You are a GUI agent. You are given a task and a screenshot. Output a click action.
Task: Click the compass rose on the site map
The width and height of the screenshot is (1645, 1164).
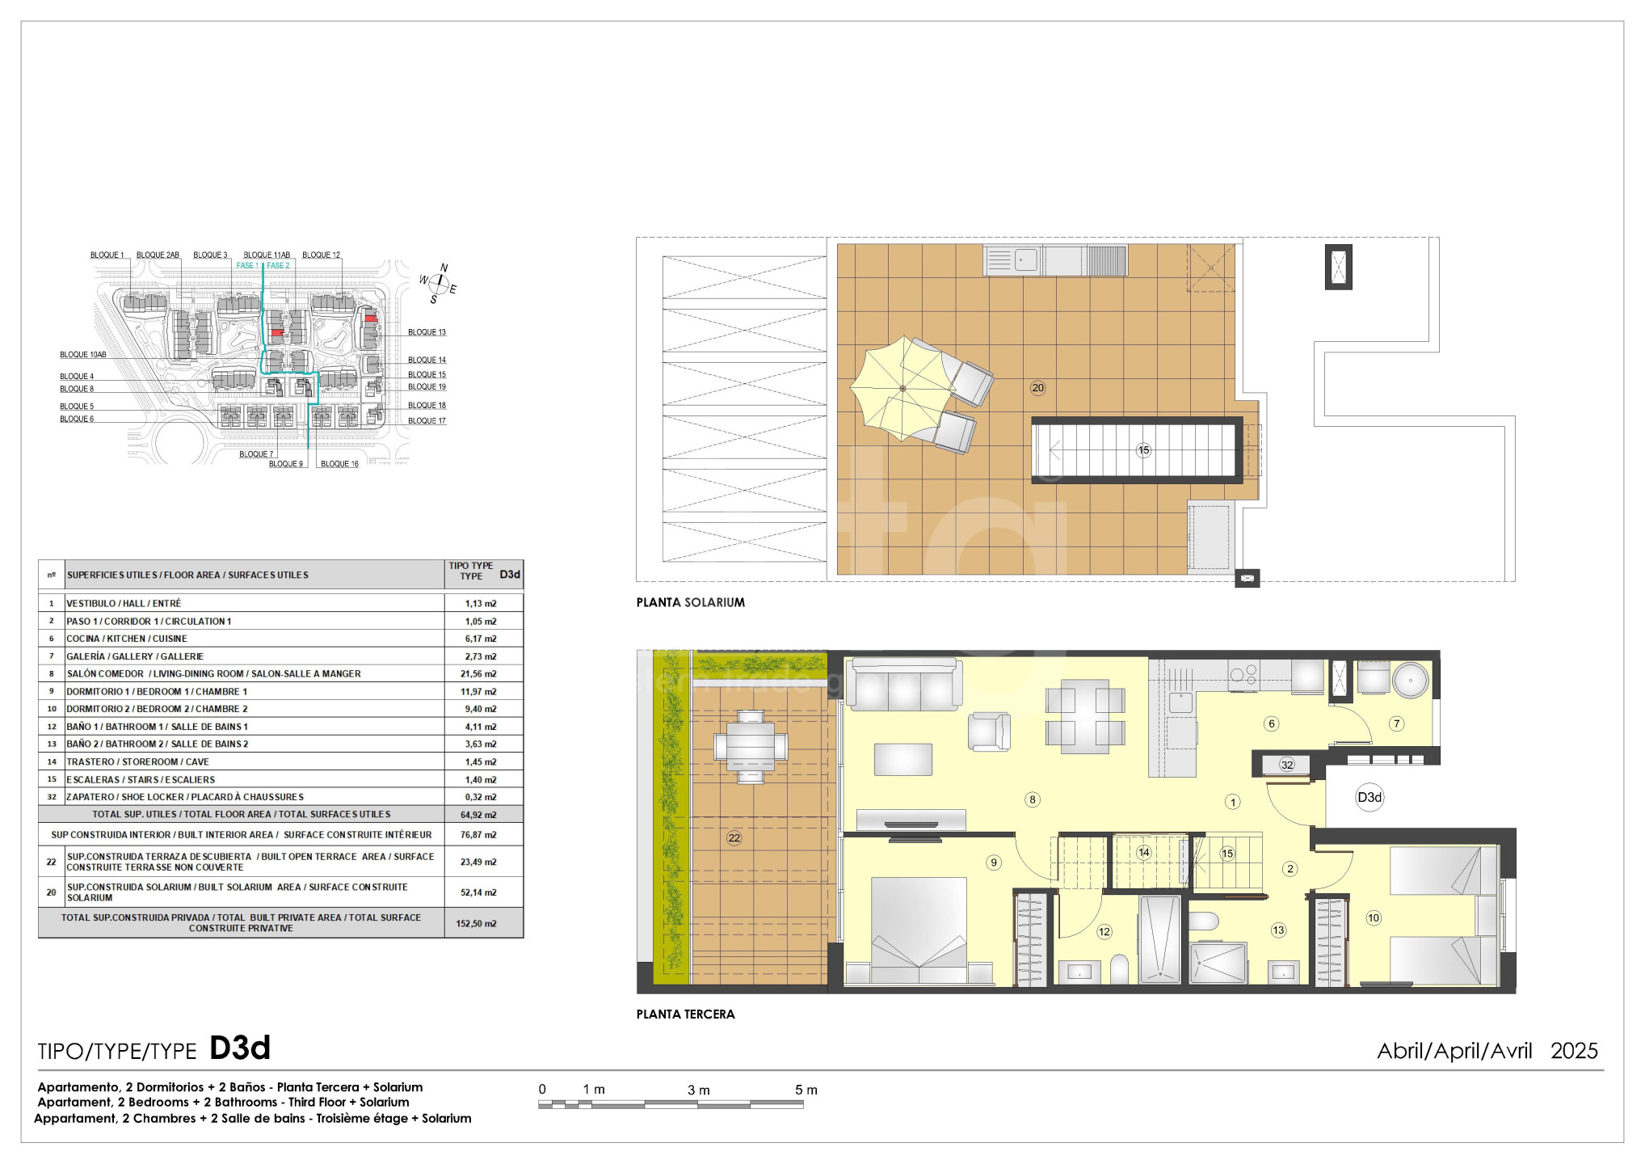[439, 284]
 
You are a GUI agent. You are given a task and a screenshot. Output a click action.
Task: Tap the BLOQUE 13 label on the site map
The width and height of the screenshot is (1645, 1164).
[427, 332]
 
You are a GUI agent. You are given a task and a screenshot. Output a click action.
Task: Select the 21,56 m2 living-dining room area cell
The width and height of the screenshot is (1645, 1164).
[481, 674]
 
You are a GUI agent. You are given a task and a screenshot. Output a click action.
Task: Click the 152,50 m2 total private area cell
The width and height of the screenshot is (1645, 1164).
[477, 923]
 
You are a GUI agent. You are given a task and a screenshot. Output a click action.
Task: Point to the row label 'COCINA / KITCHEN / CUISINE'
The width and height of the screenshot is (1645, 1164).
[127, 639]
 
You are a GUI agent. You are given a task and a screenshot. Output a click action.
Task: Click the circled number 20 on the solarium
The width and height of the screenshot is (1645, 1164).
[1038, 388]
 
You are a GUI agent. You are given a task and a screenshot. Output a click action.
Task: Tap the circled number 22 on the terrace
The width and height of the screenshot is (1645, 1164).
[734, 838]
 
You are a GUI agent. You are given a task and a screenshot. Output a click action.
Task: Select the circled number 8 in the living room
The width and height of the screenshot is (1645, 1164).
[1032, 800]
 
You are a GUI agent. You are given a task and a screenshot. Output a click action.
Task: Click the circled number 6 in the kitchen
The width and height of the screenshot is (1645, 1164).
[1272, 723]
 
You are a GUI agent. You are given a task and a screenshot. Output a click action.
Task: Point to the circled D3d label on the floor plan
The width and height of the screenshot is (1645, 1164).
[1369, 798]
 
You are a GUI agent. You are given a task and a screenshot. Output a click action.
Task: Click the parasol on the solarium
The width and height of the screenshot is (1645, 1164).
[902, 389]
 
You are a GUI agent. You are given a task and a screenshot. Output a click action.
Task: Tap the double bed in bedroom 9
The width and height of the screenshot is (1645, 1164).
[919, 930]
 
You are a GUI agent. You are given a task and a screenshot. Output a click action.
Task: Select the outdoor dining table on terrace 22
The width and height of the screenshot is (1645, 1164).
[751, 746]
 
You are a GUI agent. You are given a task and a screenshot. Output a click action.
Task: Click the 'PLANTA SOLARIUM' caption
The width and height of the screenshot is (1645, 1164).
[691, 602]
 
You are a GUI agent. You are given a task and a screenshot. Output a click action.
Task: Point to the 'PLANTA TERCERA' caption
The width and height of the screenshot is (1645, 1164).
[686, 1014]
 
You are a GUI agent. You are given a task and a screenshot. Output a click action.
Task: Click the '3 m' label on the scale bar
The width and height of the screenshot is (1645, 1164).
[699, 1090]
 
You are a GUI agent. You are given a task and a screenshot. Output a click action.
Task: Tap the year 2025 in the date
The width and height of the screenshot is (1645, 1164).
[1574, 1051]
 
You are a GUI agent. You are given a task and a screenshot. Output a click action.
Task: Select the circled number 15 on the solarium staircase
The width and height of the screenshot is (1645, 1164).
[1143, 450]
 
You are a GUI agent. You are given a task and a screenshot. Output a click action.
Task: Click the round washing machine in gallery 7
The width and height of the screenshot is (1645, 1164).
[1411, 681]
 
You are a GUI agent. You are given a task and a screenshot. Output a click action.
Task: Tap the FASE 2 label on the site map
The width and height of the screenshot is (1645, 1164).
[278, 266]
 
